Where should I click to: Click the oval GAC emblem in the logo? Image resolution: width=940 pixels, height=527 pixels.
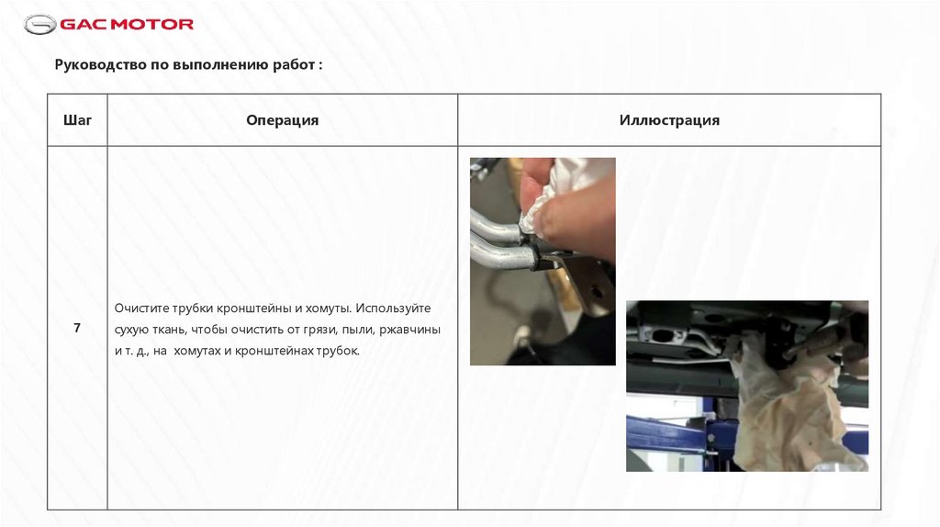pos(40,25)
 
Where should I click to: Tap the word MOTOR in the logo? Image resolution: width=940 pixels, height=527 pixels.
pos(153,25)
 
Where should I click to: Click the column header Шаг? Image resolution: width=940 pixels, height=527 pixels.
pos(77,120)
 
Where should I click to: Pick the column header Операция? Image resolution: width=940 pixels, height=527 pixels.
pos(283,120)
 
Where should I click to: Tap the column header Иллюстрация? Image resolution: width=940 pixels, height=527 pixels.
pos(669,120)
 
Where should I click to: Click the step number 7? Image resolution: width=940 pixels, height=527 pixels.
pos(77,328)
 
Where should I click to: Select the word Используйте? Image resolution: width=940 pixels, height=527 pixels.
pos(393,308)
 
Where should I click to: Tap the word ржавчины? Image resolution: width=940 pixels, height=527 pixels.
pos(410,330)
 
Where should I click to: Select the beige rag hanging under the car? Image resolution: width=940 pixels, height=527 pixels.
pos(791,408)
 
